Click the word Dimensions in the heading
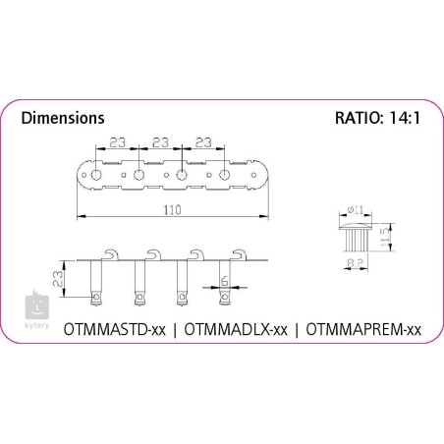[63, 118]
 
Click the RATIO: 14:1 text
[377, 118]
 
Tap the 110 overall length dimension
[172, 210]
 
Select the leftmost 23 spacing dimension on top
[117, 142]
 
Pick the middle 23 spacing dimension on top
[160, 142]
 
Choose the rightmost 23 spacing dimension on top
[203, 142]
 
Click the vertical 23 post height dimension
[58, 278]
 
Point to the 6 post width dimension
[225, 281]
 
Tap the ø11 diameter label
[356, 209]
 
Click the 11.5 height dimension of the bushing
[386, 238]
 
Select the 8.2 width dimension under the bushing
[356, 262]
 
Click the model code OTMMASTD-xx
[115, 329]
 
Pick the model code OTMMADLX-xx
[236, 329]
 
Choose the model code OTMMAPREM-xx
[363, 329]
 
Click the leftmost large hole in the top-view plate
[96, 175]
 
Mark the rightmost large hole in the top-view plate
[224, 175]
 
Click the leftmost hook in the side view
[112, 254]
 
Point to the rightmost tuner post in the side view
[225, 282]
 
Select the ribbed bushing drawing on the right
[356, 237]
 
